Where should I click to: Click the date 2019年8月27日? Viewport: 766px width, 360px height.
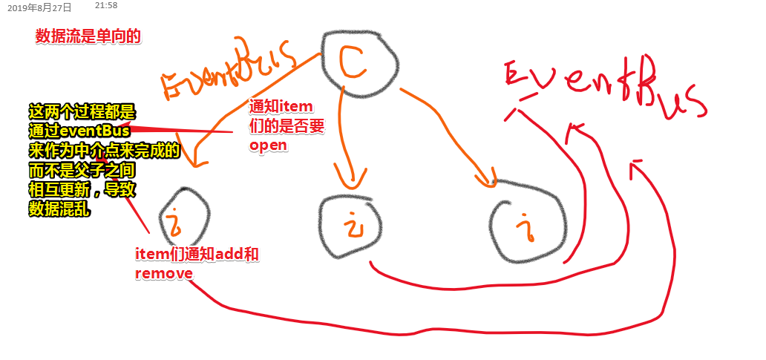[39, 8]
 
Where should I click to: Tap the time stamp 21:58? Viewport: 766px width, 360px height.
[106, 6]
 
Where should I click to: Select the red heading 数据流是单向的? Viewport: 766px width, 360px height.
[88, 36]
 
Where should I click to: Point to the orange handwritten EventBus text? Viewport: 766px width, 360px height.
[229, 68]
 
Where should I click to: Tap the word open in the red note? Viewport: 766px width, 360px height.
[268, 145]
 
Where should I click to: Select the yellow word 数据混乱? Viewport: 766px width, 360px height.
[59, 209]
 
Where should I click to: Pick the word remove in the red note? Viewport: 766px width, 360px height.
[164, 273]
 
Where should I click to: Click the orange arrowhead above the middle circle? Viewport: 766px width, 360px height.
[350, 180]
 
